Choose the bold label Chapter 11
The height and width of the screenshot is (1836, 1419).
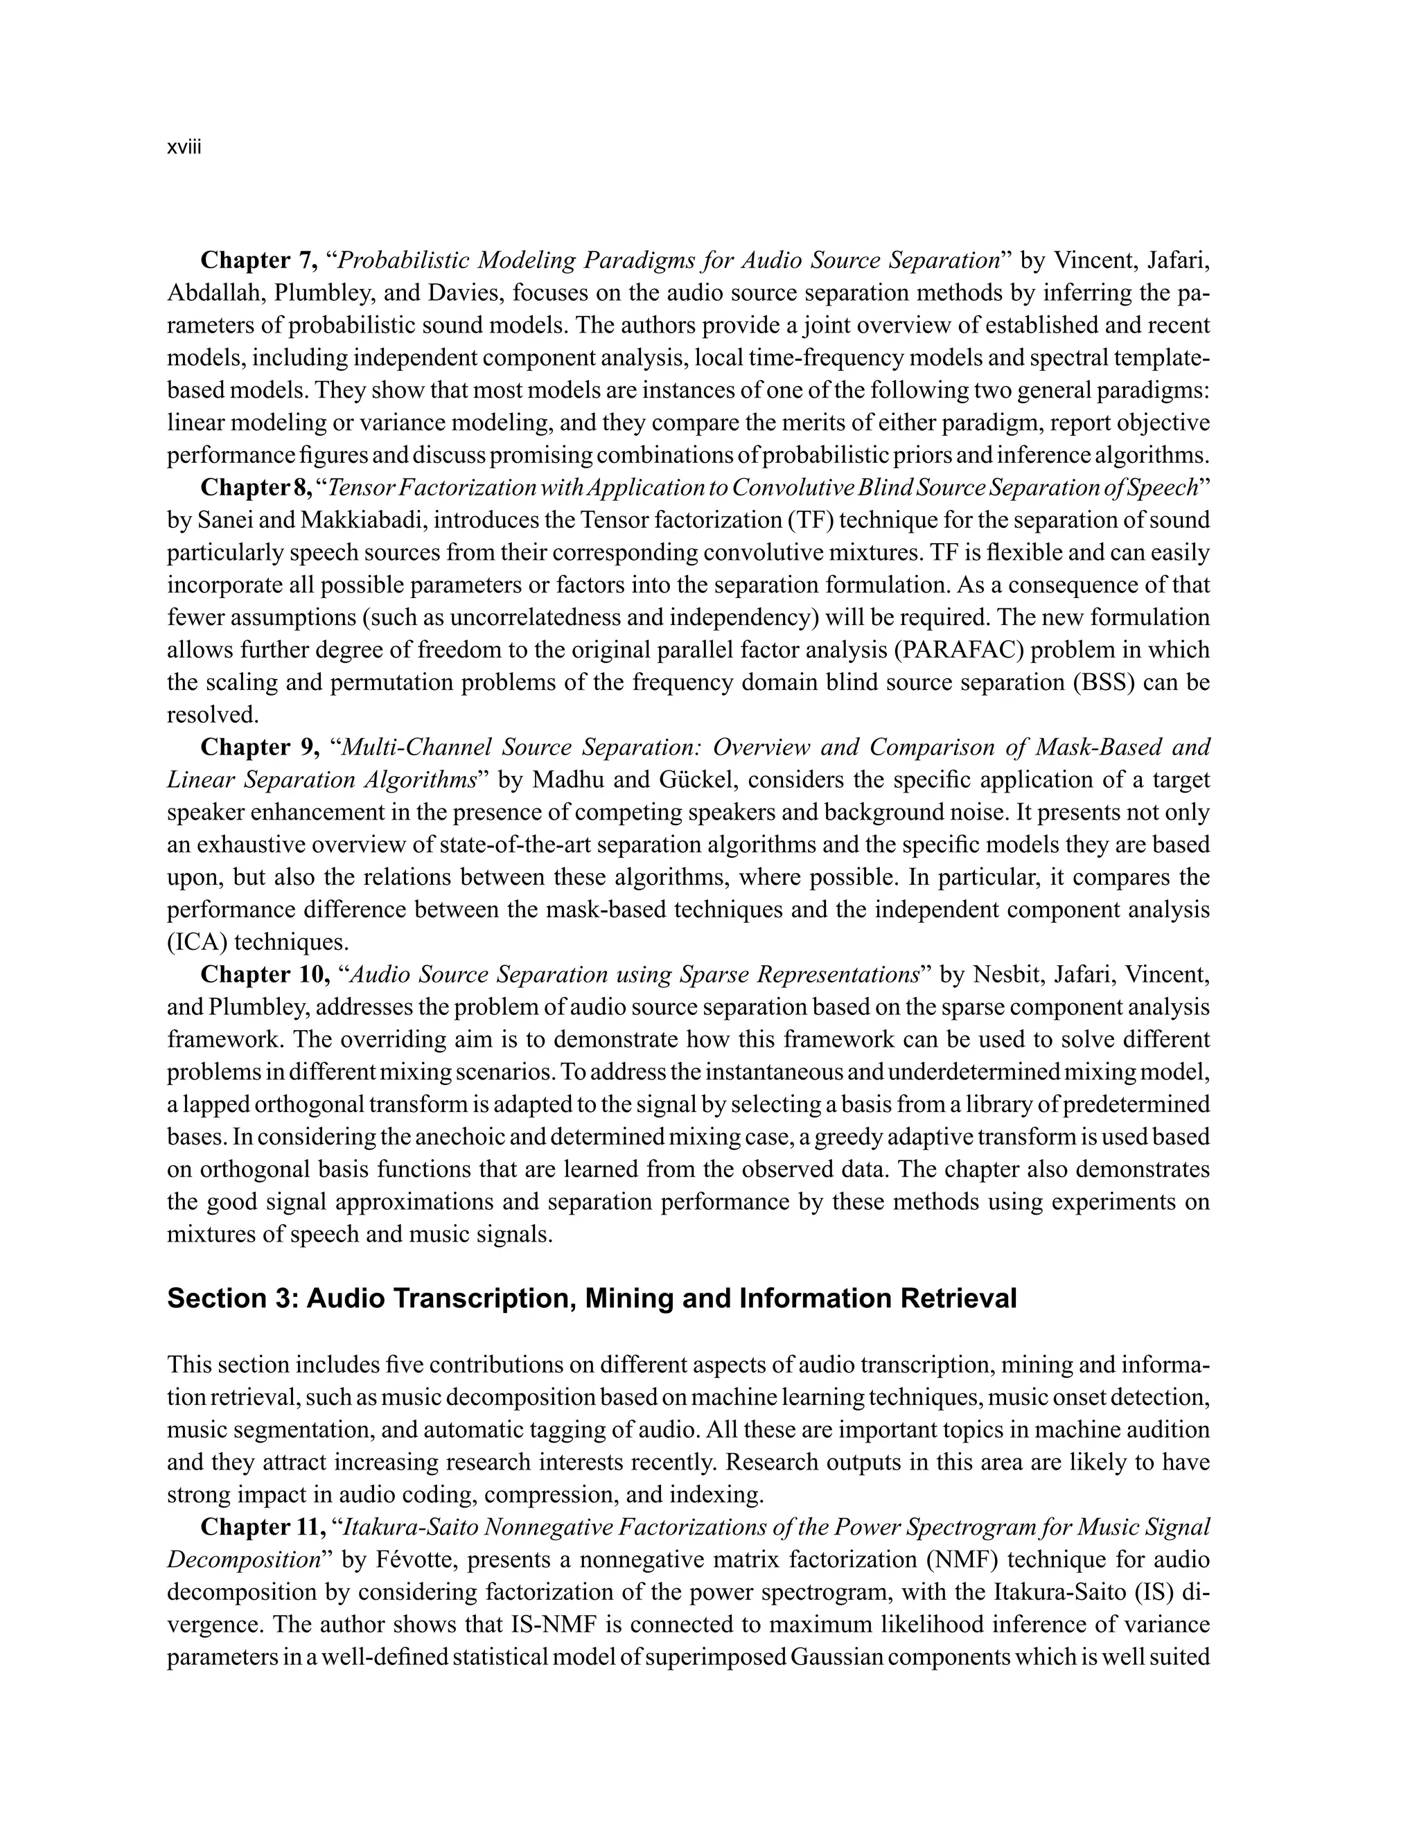click(263, 1526)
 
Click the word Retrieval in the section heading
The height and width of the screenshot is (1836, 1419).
click(958, 1299)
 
